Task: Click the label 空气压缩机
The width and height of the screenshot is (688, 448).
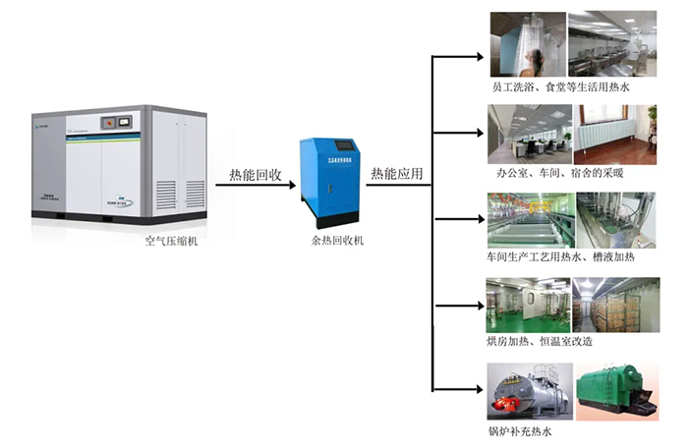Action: [x=171, y=241]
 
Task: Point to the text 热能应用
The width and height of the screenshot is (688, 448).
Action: [x=396, y=175]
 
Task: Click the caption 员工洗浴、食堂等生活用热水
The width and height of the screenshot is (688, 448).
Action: [x=560, y=86]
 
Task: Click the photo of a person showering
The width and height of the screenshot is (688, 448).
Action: [x=526, y=43]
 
